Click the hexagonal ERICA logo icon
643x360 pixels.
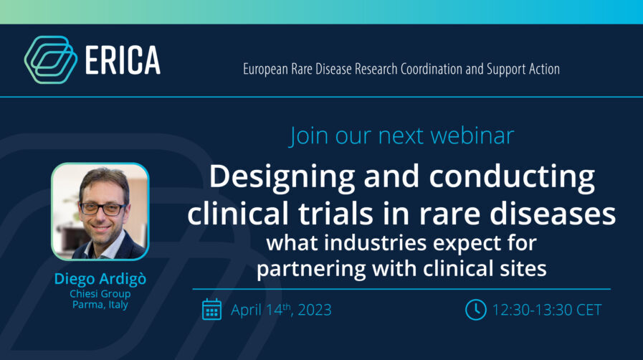(51, 60)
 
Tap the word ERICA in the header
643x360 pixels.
(123, 60)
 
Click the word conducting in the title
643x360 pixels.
(512, 176)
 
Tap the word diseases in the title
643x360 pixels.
(553, 214)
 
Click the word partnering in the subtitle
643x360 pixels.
(311, 269)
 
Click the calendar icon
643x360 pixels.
(211, 309)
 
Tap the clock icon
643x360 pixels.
(476, 310)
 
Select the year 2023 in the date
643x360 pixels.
(315, 310)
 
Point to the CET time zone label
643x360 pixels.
(589, 310)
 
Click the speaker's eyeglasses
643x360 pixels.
(103, 209)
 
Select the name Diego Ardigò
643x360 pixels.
(100, 279)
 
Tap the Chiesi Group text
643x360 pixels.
(100, 294)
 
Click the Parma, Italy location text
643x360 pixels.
(100, 305)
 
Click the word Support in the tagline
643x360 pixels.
(506, 70)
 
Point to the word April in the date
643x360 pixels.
(246, 310)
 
